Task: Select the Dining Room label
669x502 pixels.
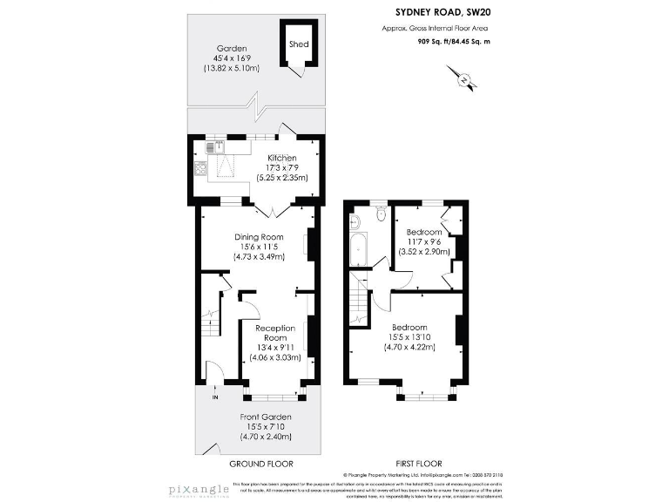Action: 259,237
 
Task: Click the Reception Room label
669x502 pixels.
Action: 274,333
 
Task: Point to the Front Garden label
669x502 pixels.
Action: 266,417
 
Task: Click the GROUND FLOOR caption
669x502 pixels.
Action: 260,464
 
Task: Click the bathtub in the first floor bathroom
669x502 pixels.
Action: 358,251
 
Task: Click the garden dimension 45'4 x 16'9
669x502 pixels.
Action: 232,58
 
